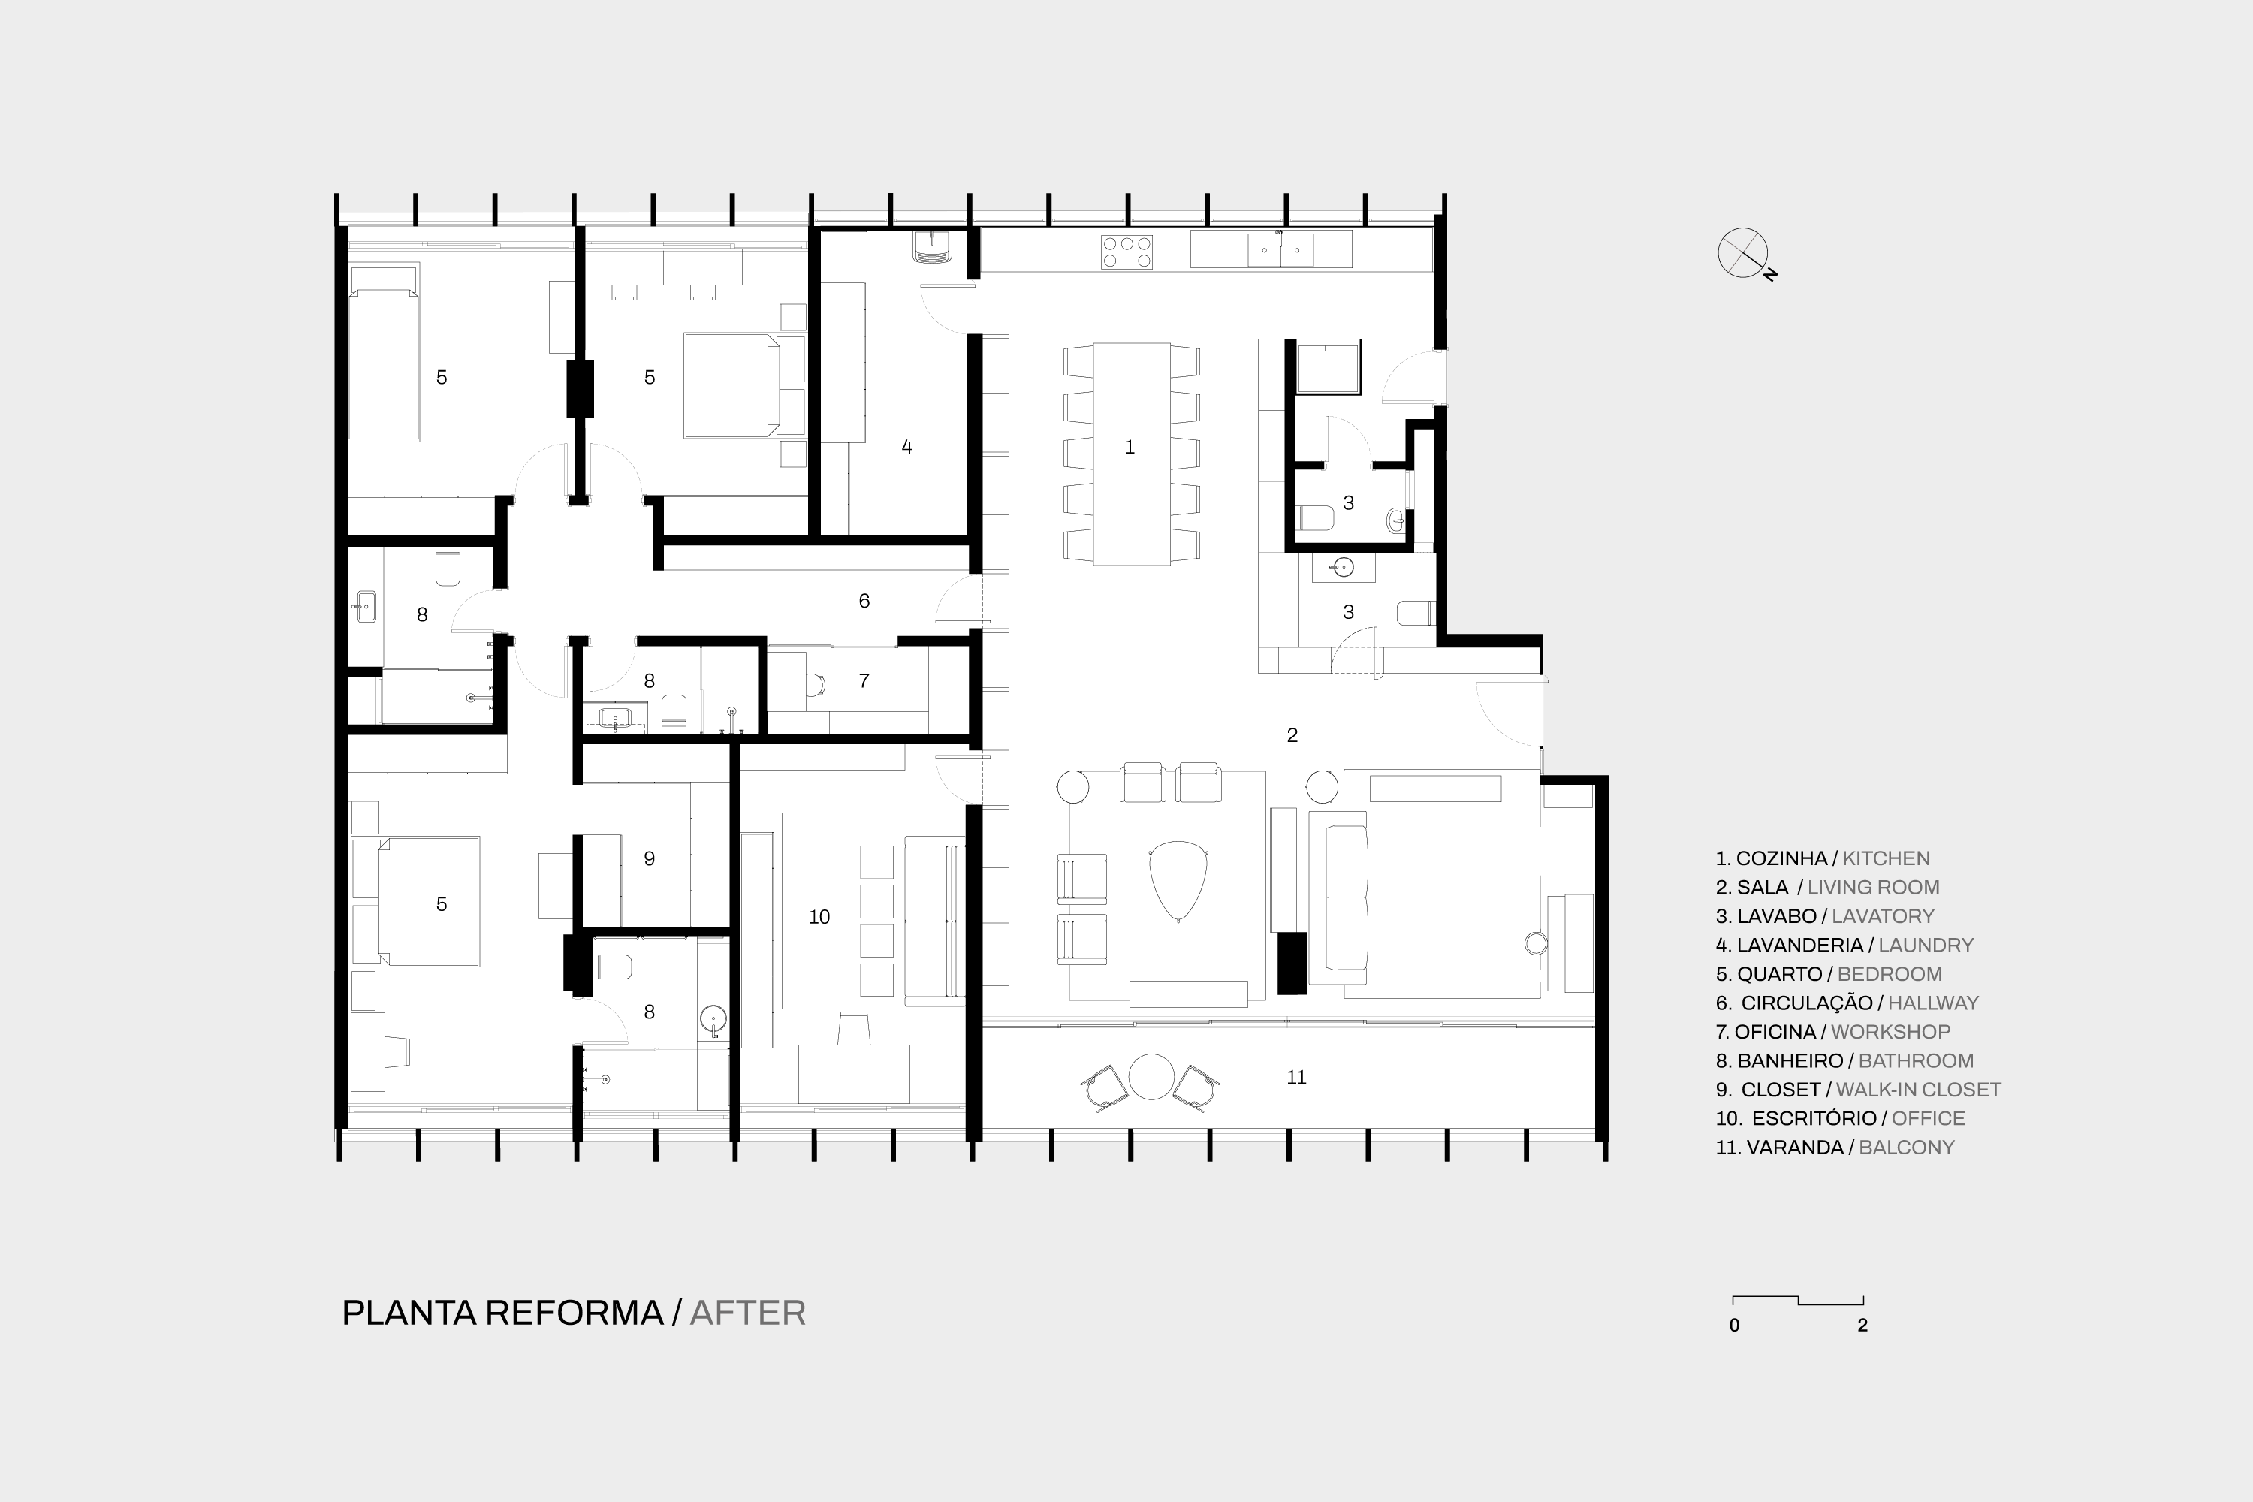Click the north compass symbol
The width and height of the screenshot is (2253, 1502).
pos(1743,254)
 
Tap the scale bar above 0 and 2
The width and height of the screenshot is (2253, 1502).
pos(1798,1300)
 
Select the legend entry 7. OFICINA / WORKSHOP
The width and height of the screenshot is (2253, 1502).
pos(1832,1032)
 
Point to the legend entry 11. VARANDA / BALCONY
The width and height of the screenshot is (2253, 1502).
pos(1835,1147)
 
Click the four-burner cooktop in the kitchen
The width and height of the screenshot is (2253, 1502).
pos(1126,252)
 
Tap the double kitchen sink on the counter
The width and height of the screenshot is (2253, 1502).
pos(1280,250)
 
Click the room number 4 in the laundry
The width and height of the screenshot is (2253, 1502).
pos(906,446)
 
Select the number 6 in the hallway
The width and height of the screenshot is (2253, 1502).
pos(864,601)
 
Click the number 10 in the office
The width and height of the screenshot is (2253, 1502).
pos(819,917)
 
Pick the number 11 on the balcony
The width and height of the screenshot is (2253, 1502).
pos(1296,1078)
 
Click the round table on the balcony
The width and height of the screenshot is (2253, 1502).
pos(1151,1077)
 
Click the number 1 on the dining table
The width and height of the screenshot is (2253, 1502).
pos(1130,448)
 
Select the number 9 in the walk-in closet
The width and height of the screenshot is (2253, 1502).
pos(650,858)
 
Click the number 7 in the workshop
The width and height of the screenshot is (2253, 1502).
pos(864,680)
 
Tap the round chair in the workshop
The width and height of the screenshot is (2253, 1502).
pos(815,684)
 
